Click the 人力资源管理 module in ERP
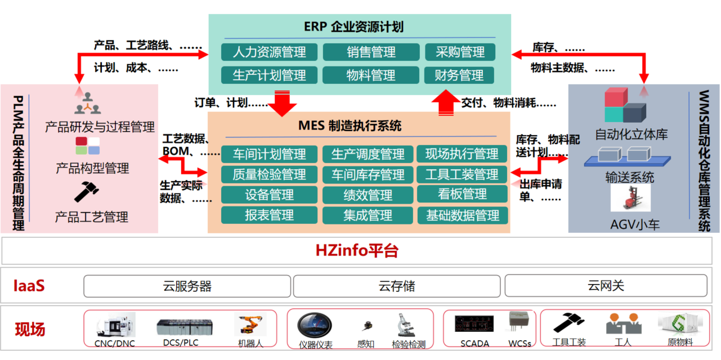pos(269,52)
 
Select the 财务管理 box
pos(459,75)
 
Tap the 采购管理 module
pos(459,52)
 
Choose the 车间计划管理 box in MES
pos(269,154)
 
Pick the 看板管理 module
pos(462,195)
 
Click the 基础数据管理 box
pos(462,215)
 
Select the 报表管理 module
pos(269,215)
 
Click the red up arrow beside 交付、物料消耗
pos(448,104)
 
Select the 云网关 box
pos(606,286)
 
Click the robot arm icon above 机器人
pos(249,325)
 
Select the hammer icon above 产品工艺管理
pos(87,192)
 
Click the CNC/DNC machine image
pos(115,325)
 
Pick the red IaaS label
pos(29,286)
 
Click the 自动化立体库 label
pos(631,135)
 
